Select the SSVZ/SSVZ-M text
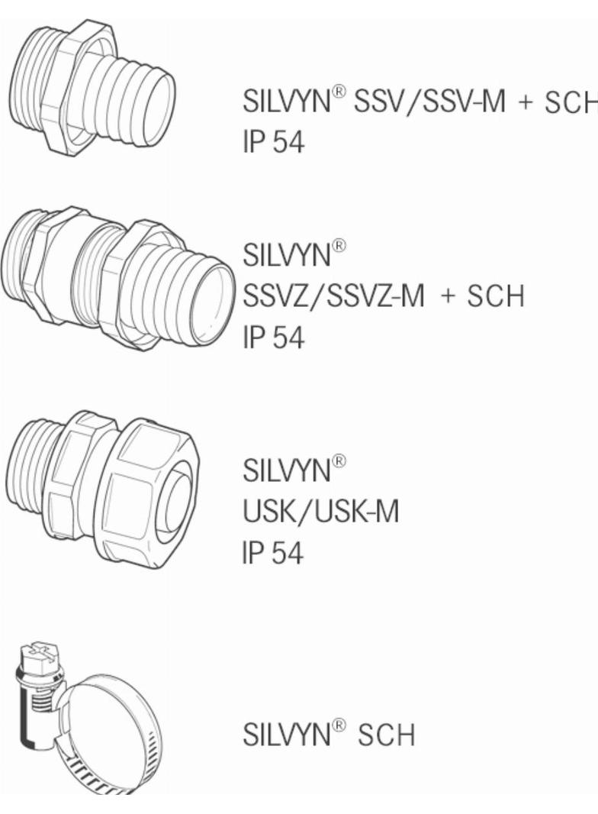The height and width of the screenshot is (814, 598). point(333,296)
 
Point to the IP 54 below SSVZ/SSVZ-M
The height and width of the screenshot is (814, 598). point(273,337)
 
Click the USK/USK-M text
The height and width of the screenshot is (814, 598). point(321,512)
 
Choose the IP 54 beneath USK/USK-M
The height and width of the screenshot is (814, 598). point(273,552)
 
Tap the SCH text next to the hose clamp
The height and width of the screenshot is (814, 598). point(387,735)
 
